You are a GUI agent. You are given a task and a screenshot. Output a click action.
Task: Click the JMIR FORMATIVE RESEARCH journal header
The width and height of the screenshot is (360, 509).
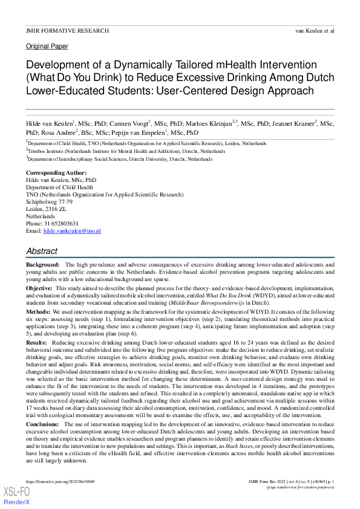tap(67, 30)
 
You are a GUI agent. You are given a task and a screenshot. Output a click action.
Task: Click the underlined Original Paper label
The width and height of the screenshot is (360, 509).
tap(47, 47)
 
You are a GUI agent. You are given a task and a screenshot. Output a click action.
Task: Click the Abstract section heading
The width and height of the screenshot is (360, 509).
tap(42, 251)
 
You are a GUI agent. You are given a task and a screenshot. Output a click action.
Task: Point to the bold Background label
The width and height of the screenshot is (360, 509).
tap(42, 265)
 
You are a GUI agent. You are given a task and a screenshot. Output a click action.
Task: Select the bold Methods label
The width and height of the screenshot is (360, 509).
tap(38, 313)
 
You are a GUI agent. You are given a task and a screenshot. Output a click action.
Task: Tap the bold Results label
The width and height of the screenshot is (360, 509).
tap(36, 343)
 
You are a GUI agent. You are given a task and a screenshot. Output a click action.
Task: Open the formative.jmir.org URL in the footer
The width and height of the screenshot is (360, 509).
tap(60, 481)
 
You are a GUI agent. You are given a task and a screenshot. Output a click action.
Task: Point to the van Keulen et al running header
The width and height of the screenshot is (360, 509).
tap(315, 30)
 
